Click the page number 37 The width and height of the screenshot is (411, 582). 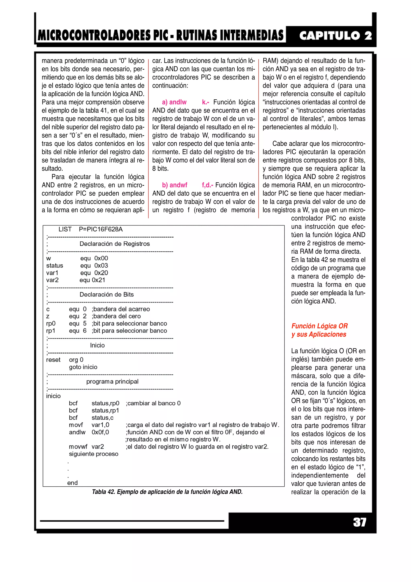click(359, 522)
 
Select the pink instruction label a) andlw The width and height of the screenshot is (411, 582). click(174, 102)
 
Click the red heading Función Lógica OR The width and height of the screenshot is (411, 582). click(319, 326)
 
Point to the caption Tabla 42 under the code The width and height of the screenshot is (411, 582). click(167, 492)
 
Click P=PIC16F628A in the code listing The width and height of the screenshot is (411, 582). click(101, 229)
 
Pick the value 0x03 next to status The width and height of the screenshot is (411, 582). click(101, 265)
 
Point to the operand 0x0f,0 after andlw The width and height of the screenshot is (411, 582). click(100, 432)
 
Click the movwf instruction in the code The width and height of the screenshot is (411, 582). click(78, 446)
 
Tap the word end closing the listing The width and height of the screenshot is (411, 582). click(72, 483)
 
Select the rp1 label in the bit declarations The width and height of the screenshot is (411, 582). click(51, 331)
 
